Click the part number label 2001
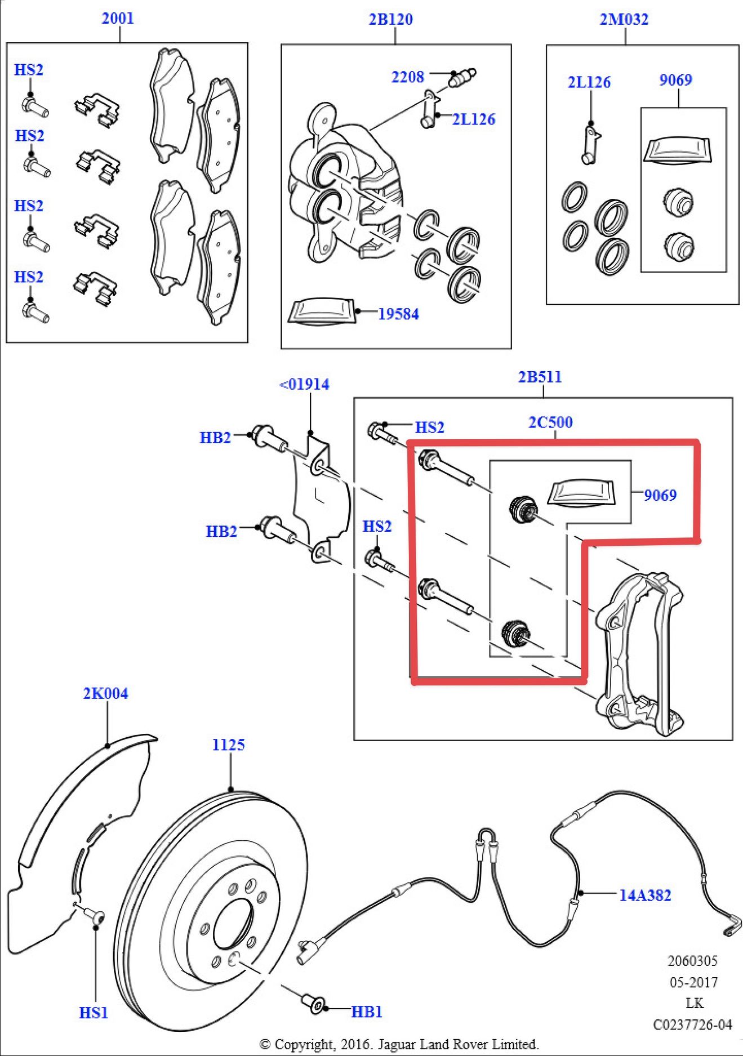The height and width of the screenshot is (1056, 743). click(x=118, y=19)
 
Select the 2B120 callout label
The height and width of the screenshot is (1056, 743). click(x=390, y=20)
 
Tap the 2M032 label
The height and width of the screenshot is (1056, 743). click(x=624, y=20)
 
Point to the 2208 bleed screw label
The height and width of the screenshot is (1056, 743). click(x=407, y=77)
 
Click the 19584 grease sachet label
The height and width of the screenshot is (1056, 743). click(x=398, y=314)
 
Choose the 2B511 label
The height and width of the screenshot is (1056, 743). click(x=540, y=377)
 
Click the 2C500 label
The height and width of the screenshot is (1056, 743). click(x=550, y=422)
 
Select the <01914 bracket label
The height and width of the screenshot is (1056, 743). click(x=305, y=385)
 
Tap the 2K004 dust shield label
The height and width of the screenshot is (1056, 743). click(x=105, y=693)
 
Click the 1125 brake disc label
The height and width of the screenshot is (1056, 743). click(x=228, y=745)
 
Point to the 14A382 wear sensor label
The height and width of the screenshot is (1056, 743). click(x=645, y=895)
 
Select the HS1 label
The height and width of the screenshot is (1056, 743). click(x=94, y=1013)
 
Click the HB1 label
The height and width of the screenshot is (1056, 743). click(x=367, y=1012)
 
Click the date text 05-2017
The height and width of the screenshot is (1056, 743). click(x=693, y=983)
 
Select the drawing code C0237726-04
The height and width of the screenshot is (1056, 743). click(x=692, y=1024)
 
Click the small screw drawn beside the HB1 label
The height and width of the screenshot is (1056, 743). click(x=315, y=1004)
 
